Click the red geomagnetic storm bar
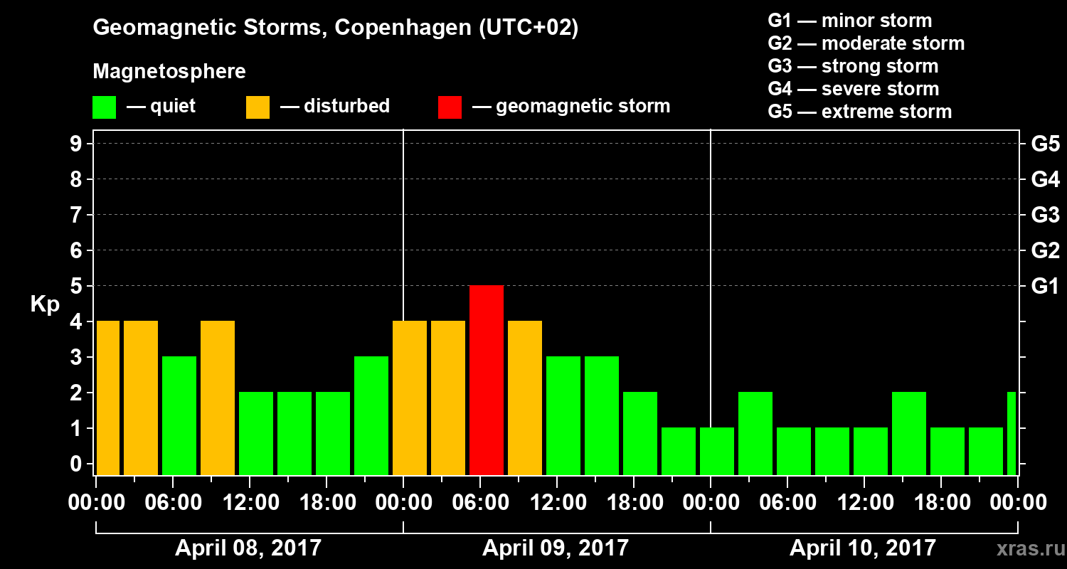tap(487, 380)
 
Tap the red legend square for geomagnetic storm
tap(450, 107)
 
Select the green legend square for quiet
tap(104, 107)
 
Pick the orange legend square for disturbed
tap(258, 107)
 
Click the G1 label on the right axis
tap(1045, 286)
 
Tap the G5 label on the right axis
tap(1045, 144)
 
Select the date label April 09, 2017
tap(556, 548)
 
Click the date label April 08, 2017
tap(248, 548)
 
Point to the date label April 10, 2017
tap(863, 548)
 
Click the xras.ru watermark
tap(1024, 549)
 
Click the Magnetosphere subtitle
tap(169, 72)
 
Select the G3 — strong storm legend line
tap(853, 66)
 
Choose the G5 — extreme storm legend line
tap(859, 112)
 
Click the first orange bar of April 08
tap(108, 398)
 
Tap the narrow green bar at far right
tap(1012, 433)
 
